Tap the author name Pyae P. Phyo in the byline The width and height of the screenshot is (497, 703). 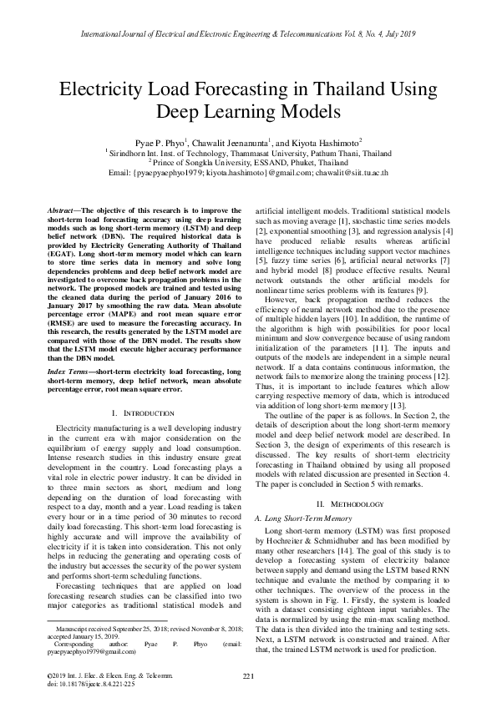point(160,142)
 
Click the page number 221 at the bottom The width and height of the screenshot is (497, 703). point(248,675)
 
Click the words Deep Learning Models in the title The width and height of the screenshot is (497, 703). point(248,112)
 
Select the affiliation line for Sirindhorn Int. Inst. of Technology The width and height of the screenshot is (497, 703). point(248,153)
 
